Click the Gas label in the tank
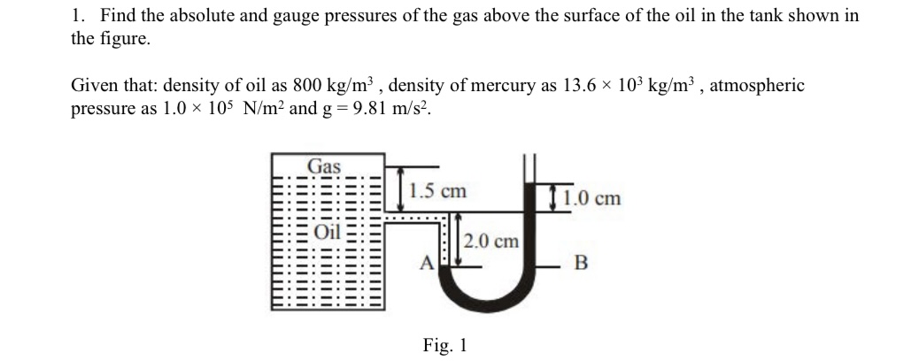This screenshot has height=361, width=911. [324, 165]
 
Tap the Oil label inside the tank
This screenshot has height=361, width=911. [328, 233]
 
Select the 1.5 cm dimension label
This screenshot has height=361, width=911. [439, 191]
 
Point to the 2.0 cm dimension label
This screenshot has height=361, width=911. [491, 241]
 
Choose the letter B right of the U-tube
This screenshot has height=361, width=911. [581, 263]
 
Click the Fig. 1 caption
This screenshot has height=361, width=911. [444, 344]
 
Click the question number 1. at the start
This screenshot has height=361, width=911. [79, 16]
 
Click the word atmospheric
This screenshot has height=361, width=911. [758, 86]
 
